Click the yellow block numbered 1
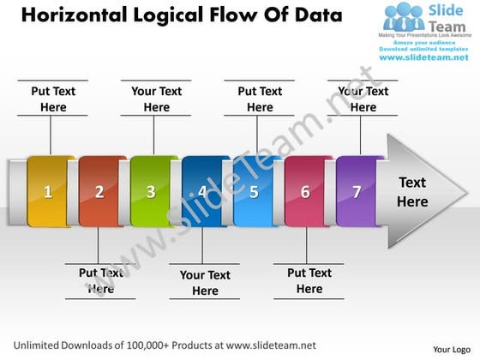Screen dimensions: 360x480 (x=50, y=191)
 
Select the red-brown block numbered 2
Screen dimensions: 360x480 (x=100, y=191)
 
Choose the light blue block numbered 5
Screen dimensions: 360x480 (x=255, y=191)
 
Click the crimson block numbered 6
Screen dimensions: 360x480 (x=306, y=191)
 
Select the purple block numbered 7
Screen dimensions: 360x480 (x=357, y=191)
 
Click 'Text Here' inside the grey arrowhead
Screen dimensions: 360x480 (x=412, y=192)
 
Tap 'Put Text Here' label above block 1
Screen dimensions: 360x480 (x=53, y=99)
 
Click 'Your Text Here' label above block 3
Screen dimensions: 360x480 (x=157, y=99)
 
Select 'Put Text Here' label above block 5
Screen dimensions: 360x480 (x=260, y=99)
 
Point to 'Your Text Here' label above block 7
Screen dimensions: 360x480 (x=363, y=99)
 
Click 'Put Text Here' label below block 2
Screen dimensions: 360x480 (x=101, y=281)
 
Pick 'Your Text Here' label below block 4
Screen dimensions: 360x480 (x=205, y=283)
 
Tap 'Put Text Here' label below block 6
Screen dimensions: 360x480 (x=309, y=281)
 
